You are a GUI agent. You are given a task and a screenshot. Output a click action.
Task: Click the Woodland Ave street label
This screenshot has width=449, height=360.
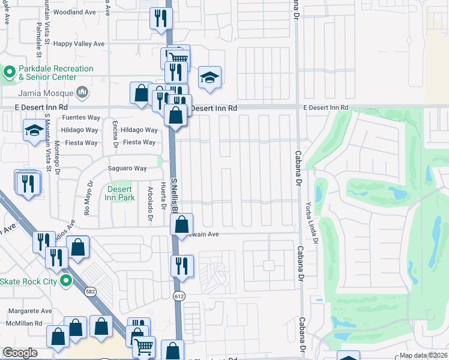(x=74, y=12)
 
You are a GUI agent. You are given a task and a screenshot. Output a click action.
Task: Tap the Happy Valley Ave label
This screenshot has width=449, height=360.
(x=79, y=44)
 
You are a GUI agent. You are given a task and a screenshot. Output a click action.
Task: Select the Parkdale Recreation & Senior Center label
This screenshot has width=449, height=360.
(x=47, y=73)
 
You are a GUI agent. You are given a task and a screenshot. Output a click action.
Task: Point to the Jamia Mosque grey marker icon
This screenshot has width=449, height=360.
(x=82, y=92)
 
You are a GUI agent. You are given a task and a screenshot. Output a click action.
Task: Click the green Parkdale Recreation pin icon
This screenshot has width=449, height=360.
(x=9, y=73)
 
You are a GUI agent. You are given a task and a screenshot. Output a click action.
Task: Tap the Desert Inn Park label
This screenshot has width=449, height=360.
(x=119, y=193)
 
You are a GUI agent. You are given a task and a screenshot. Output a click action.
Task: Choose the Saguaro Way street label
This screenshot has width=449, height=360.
(x=127, y=169)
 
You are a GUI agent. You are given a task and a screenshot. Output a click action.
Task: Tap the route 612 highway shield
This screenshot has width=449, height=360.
(x=180, y=296)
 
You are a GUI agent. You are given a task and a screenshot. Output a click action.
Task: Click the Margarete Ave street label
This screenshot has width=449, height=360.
(x=31, y=311)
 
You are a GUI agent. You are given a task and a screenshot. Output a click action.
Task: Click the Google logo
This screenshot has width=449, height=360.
(x=20, y=352)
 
